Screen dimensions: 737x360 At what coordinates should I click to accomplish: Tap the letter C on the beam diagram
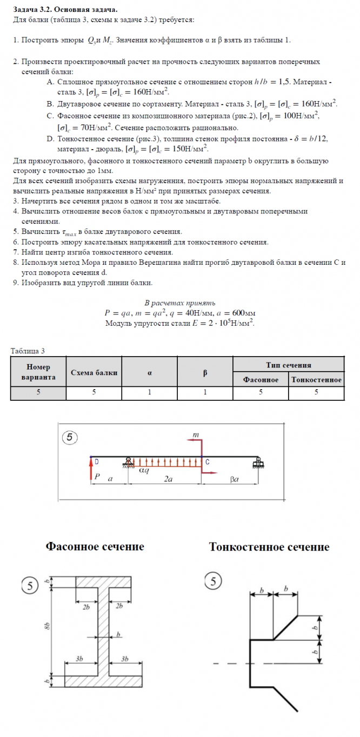208,462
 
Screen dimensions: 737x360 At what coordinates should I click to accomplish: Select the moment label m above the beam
196,434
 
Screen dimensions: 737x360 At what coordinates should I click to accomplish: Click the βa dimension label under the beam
234,479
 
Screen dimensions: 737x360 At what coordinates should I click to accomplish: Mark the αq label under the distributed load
144,470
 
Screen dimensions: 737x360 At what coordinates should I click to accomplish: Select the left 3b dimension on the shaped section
79,659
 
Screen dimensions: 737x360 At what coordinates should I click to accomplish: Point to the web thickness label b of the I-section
118,633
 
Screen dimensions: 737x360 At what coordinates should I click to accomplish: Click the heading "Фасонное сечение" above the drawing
95,547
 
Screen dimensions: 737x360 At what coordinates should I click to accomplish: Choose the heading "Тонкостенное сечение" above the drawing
269,547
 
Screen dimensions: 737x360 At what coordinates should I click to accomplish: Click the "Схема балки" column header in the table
94,372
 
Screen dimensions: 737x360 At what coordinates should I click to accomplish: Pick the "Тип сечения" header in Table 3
289,365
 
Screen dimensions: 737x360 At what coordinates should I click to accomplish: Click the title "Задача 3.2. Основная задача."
65,10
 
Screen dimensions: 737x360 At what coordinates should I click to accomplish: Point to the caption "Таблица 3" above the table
28,351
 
